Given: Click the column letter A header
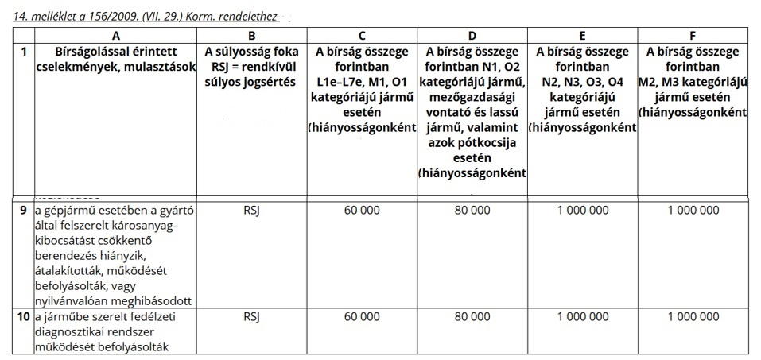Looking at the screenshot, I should click(x=116, y=35).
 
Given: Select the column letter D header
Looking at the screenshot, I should click(x=472, y=35).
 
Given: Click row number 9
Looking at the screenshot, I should click(x=25, y=211).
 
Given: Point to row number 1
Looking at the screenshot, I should click(x=25, y=52).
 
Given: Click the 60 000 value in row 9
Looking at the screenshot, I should click(x=362, y=211).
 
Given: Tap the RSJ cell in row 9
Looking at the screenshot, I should click(x=250, y=211).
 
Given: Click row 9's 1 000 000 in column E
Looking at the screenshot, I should click(x=583, y=211).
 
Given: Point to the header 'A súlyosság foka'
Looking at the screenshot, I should click(x=250, y=52).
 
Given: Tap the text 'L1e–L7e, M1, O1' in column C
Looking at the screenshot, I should click(x=362, y=83).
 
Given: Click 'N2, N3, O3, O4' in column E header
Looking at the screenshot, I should click(x=583, y=83).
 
